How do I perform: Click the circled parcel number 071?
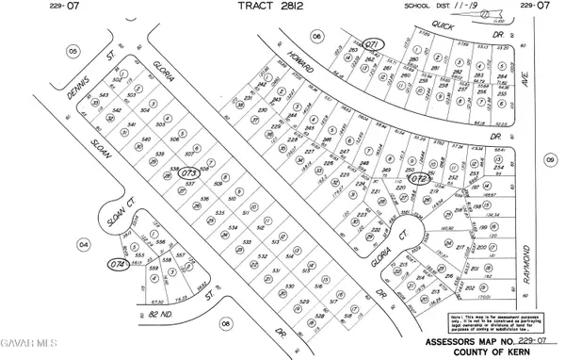click(374, 44)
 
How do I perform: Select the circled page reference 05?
click(73, 51)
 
